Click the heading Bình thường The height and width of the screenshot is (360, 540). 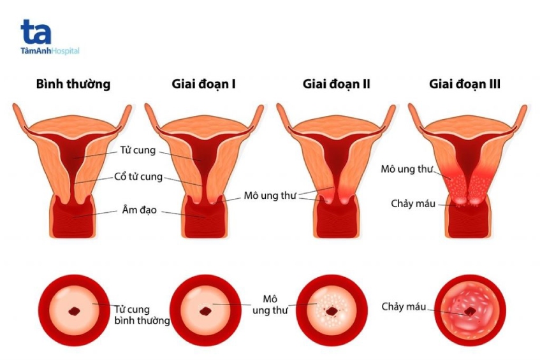click(73, 84)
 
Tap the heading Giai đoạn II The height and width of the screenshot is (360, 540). click(337, 84)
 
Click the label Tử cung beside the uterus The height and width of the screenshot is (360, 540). click(137, 151)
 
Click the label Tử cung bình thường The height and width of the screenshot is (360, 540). click(142, 315)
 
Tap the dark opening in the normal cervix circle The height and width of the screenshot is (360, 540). click(75, 312)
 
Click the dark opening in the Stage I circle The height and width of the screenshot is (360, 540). click(207, 311)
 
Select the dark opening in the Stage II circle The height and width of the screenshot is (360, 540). click(334, 311)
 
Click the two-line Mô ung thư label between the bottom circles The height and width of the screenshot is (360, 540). click(271, 305)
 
